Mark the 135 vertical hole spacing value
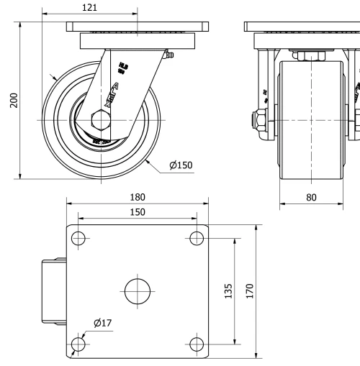(x=228, y=291)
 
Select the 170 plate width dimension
(x=250, y=291)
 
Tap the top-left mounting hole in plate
(x=78, y=238)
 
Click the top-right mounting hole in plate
(x=195, y=238)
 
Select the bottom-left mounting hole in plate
(x=78, y=344)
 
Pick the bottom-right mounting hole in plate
(x=195, y=344)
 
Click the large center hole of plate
(x=137, y=290)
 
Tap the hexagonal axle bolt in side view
(x=102, y=118)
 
